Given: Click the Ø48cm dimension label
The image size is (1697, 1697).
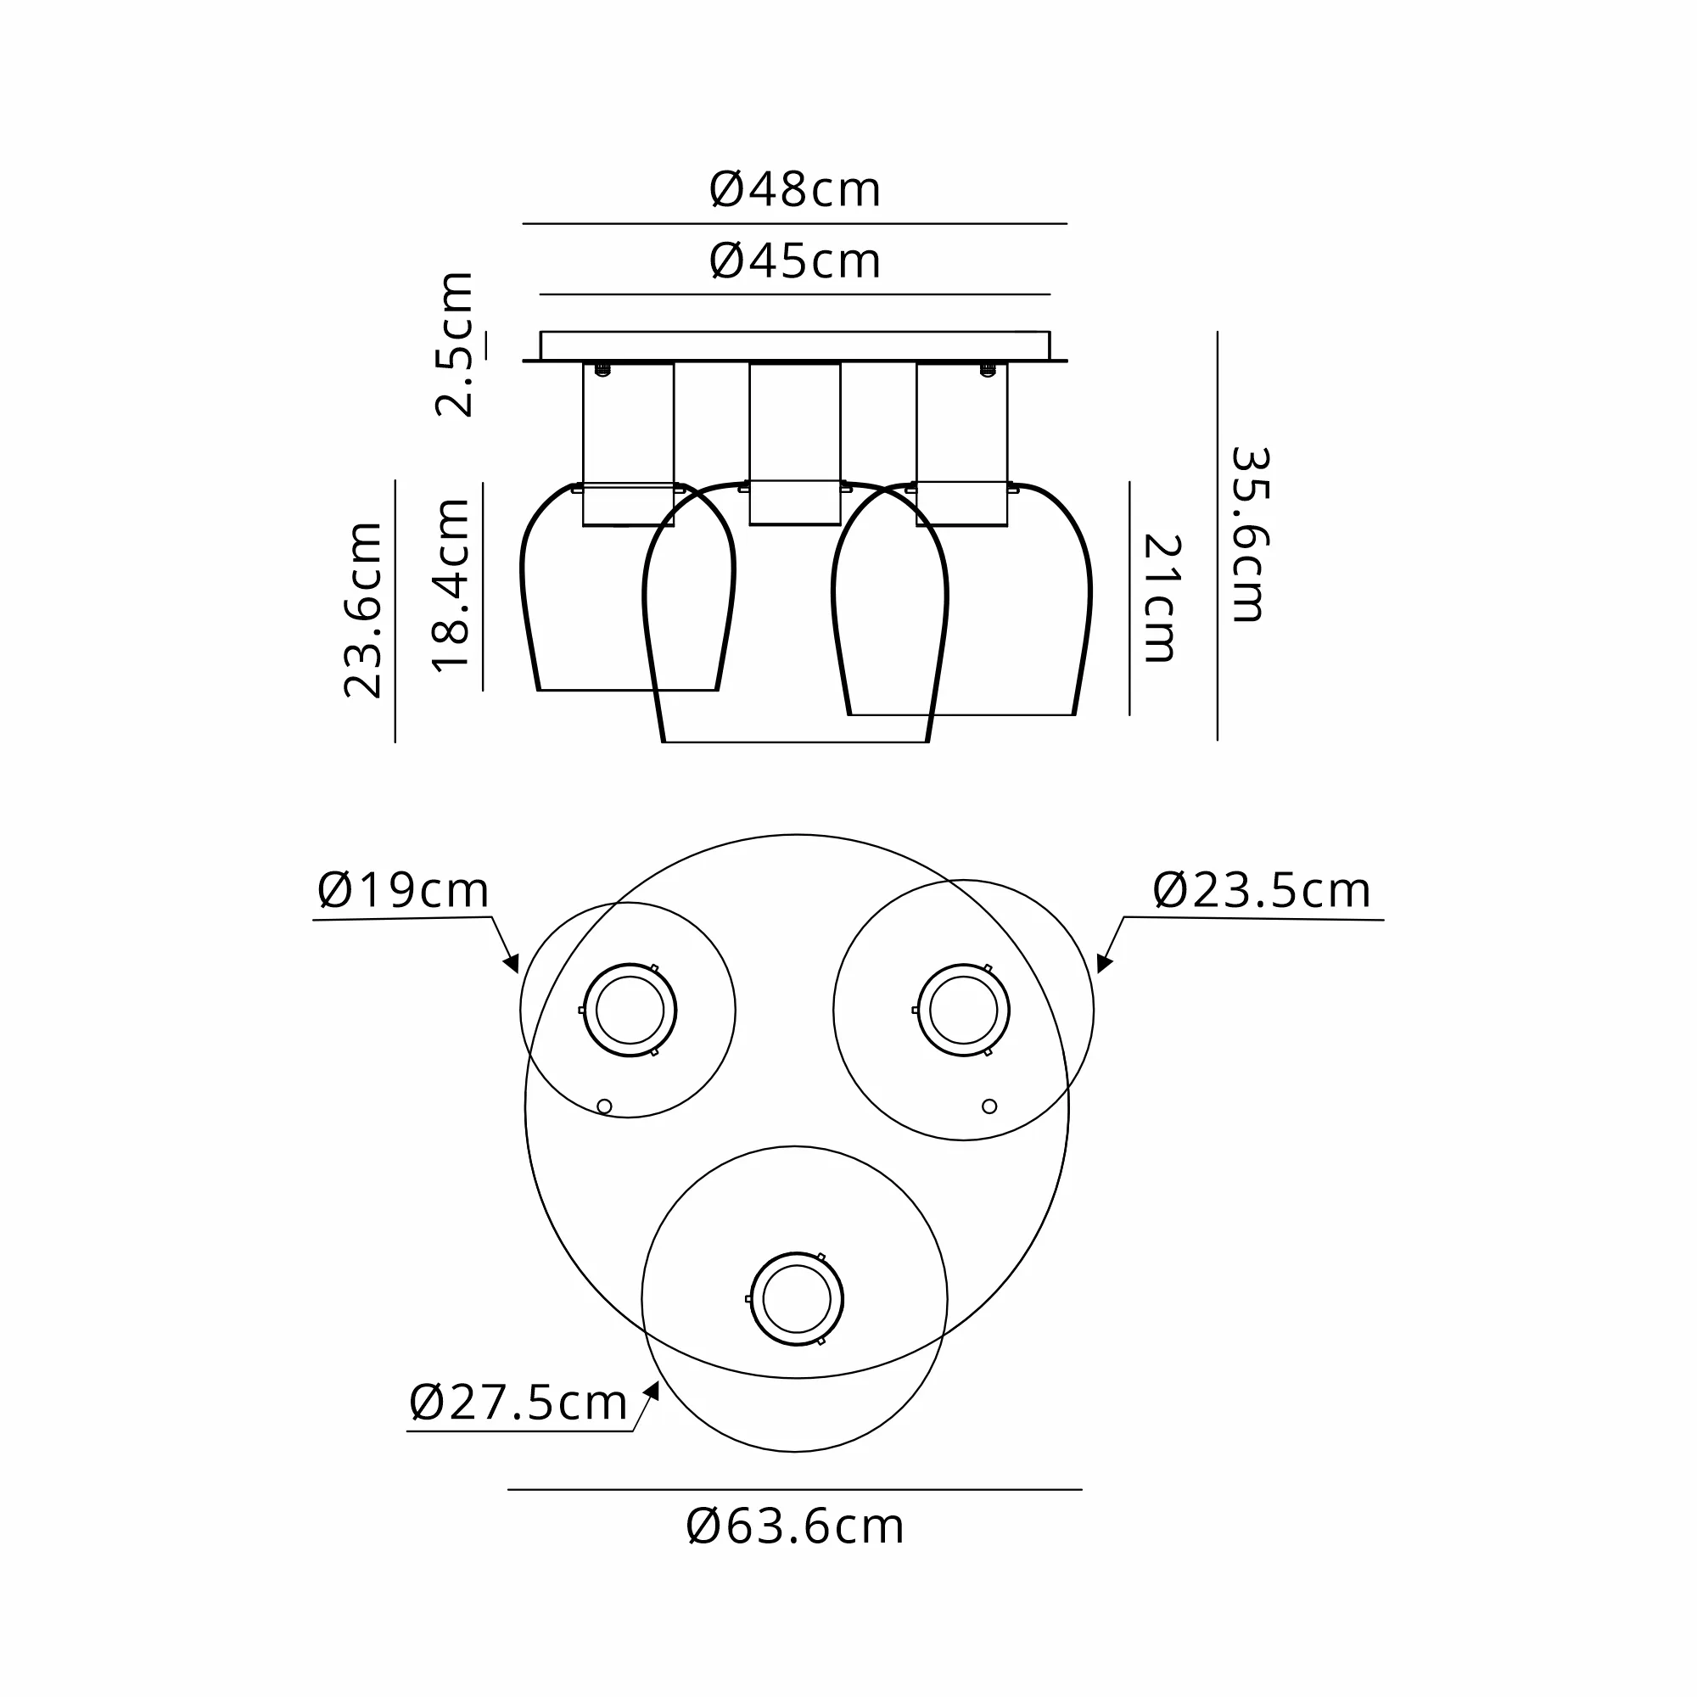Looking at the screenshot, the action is [794, 190].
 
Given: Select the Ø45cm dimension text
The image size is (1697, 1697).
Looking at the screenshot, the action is [794, 261].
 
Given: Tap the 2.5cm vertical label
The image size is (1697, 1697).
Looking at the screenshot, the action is [455, 344].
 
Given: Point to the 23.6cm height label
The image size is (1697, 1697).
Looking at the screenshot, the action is [363, 610].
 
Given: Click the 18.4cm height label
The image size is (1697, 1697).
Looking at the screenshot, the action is [451, 585].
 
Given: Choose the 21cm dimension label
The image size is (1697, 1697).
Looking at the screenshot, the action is [1162, 598].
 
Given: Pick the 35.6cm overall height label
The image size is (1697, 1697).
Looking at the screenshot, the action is [1249, 535].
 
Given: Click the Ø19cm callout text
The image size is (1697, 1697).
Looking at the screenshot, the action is [403, 891].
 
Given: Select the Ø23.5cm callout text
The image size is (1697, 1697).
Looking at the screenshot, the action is [1262, 891].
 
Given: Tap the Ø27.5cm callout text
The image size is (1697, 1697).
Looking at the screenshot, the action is [518, 1403].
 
